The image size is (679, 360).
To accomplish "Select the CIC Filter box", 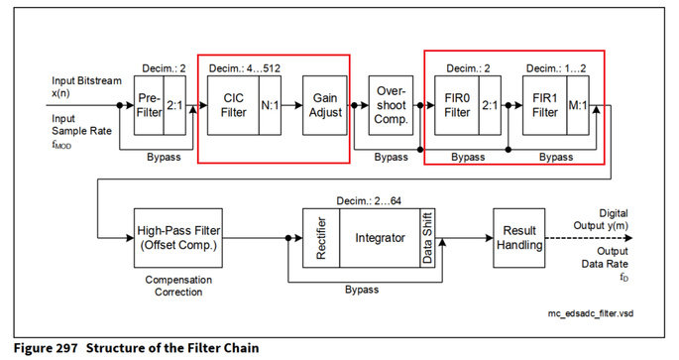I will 233,106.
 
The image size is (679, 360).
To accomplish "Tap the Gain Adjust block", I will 326,106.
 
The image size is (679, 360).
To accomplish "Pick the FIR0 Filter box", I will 457,106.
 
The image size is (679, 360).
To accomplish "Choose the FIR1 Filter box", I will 544,106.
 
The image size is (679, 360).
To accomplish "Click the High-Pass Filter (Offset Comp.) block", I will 179,239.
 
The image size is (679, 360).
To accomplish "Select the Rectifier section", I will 320,239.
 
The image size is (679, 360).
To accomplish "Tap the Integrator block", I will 379,239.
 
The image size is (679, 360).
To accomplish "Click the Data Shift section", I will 427,239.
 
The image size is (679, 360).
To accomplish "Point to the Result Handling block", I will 518,239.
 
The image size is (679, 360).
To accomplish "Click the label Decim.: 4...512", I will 244,68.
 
